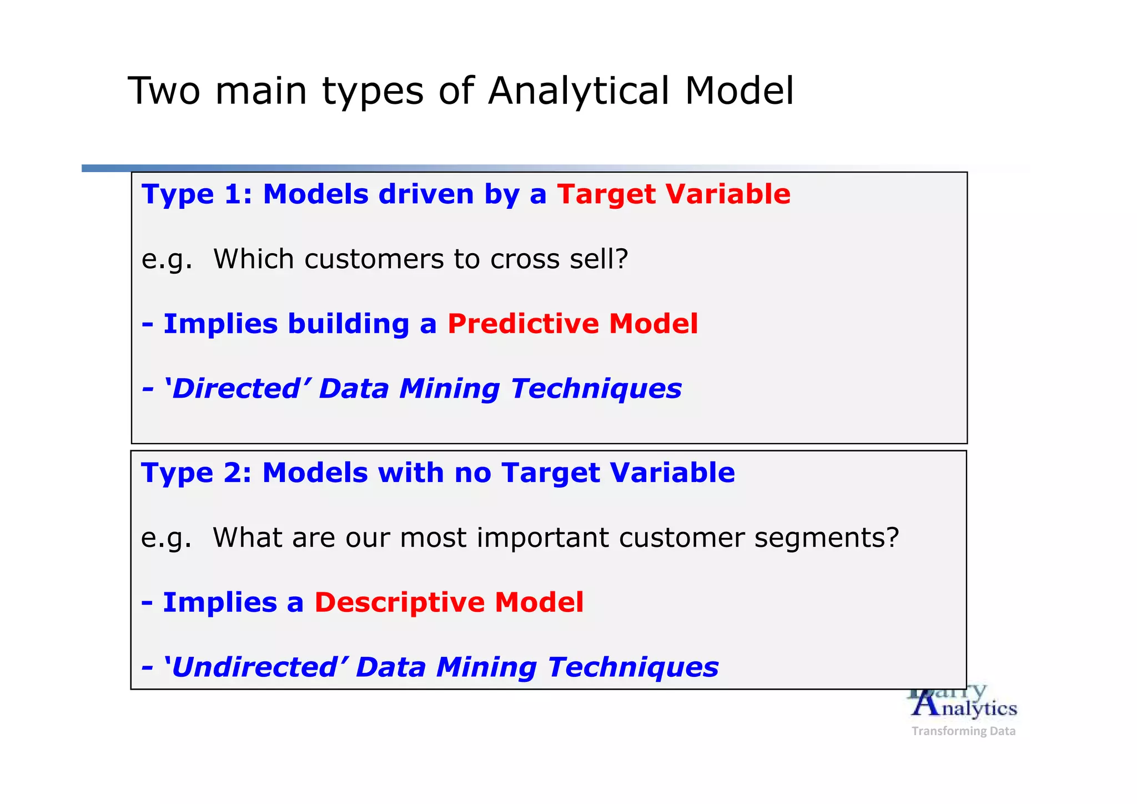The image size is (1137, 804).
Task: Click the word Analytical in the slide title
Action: pyautogui.click(x=578, y=91)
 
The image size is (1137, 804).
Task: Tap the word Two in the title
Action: pyautogui.click(x=163, y=91)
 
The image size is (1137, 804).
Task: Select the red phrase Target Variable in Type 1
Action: pyautogui.click(x=673, y=194)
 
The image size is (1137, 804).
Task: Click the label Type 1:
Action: pyautogui.click(x=197, y=194)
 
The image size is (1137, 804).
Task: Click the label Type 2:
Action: pyautogui.click(x=196, y=473)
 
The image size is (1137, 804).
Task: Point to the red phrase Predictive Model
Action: pyautogui.click(x=572, y=324)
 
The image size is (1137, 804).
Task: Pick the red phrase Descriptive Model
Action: pyautogui.click(x=449, y=602)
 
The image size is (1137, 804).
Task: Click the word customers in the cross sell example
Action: pyautogui.click(x=374, y=259)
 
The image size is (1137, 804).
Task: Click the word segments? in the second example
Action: pyautogui.click(x=826, y=538)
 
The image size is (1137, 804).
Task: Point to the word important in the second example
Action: pyautogui.click(x=542, y=538)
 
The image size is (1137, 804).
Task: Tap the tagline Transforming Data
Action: pyautogui.click(x=963, y=731)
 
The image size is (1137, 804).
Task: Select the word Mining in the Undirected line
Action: pyautogui.click(x=486, y=667)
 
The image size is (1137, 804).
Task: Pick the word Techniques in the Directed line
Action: pyautogui.click(x=596, y=389)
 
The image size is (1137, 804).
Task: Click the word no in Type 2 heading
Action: pyautogui.click(x=472, y=473)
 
